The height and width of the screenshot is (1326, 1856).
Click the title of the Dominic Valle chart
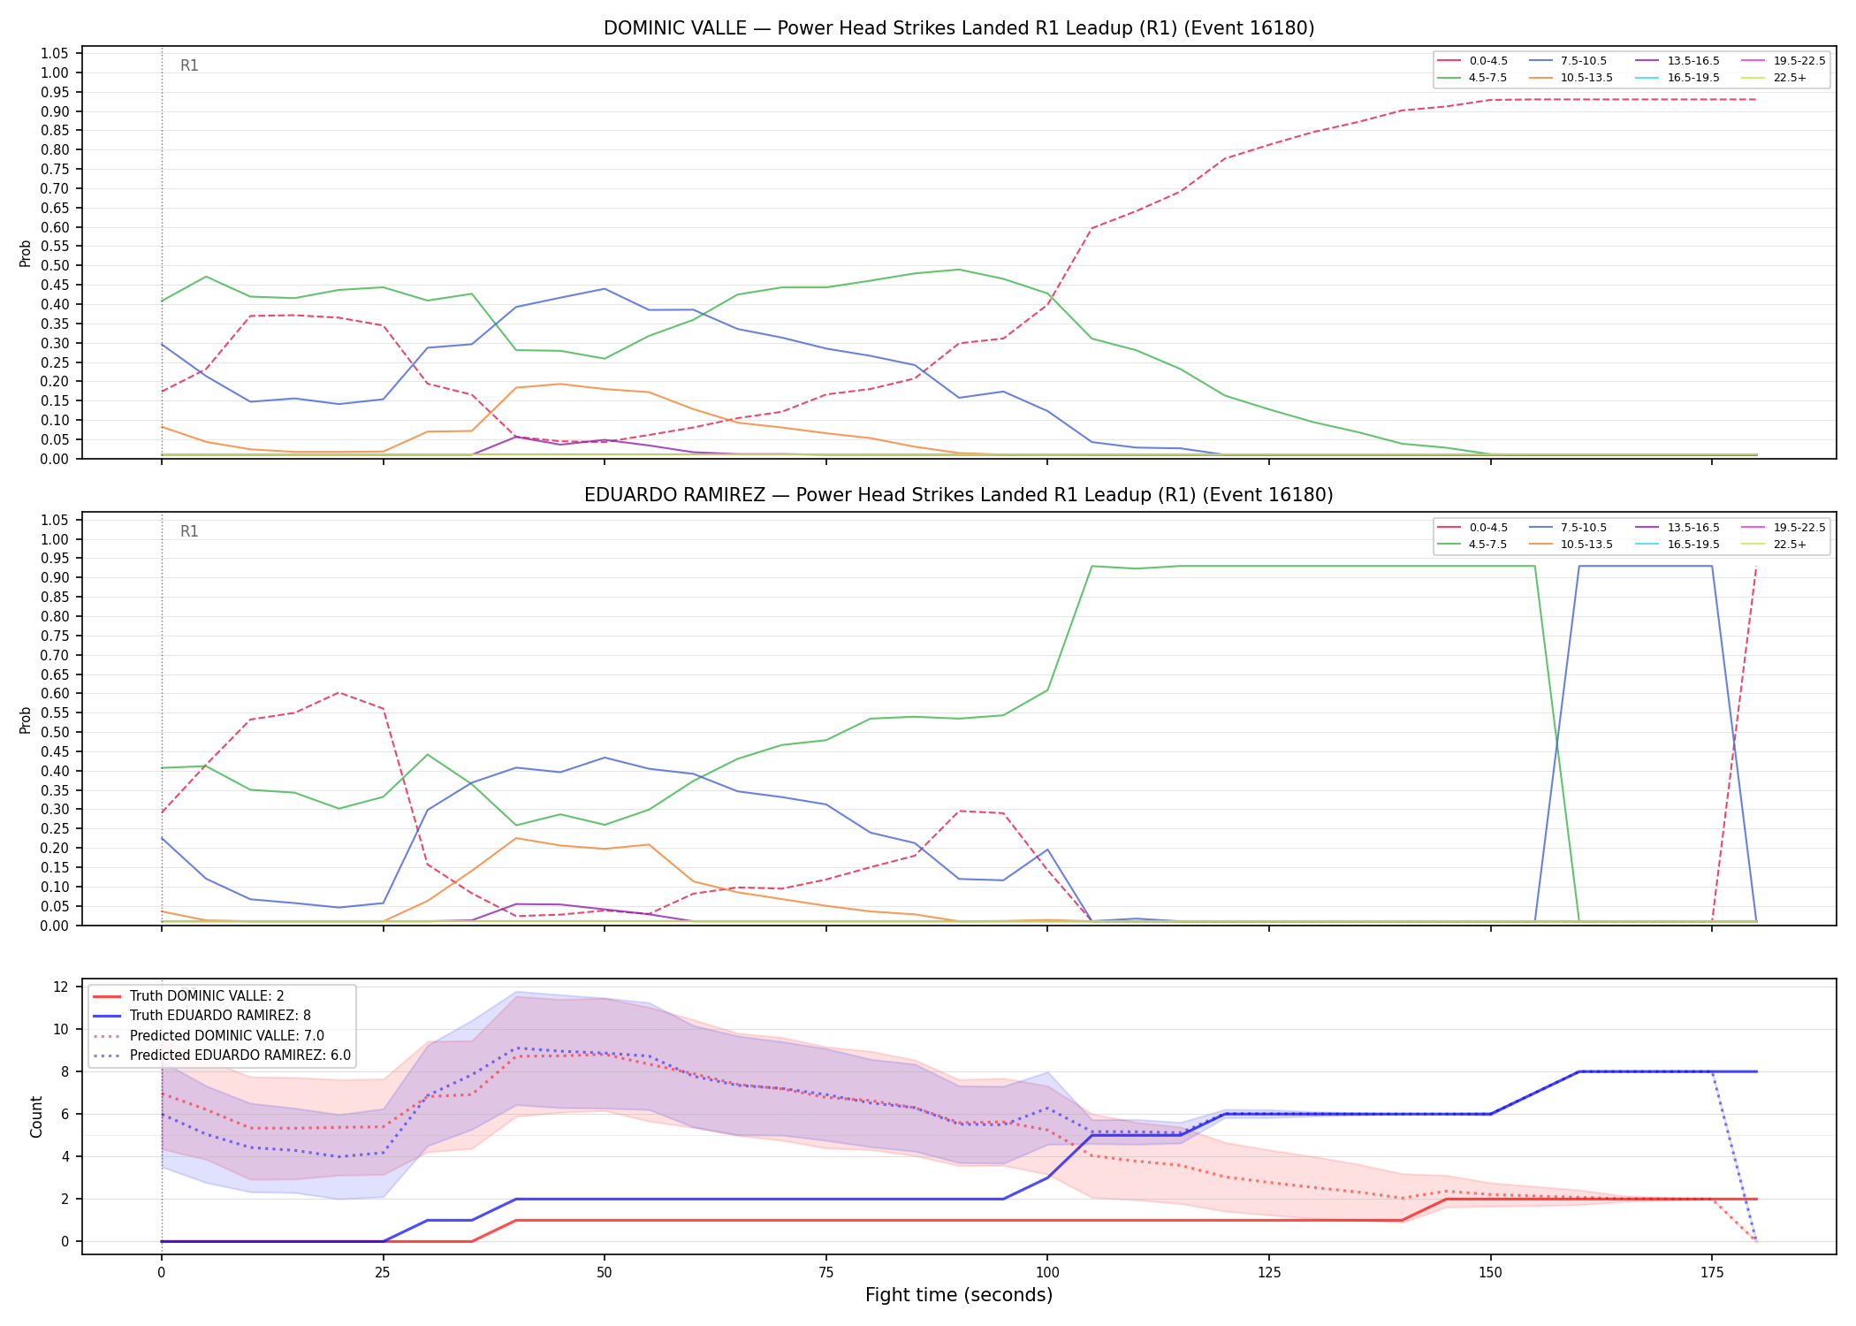pyautogui.click(x=959, y=28)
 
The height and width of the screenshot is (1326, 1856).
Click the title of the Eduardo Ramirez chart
pyautogui.click(x=959, y=495)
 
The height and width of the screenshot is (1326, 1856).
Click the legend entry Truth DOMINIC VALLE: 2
pyautogui.click(x=188, y=996)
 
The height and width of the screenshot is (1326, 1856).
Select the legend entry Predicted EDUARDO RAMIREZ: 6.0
pyautogui.click(x=221, y=1055)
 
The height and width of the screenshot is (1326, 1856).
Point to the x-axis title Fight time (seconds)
pyautogui.click(x=959, y=1295)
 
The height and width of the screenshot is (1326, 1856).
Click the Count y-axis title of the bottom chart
pyautogui.click(x=36, y=1116)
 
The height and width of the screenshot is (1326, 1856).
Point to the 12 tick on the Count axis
pyautogui.click(x=61, y=987)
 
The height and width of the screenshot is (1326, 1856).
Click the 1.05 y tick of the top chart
pyautogui.click(x=55, y=54)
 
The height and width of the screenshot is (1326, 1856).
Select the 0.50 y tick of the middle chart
pyautogui.click(x=55, y=732)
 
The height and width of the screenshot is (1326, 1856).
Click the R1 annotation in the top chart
pyautogui.click(x=189, y=65)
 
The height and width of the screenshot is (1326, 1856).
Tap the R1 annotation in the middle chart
pyautogui.click(x=189, y=531)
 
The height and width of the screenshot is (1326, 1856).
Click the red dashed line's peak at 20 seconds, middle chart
pyautogui.click(x=338, y=692)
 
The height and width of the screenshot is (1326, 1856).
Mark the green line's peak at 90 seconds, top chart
pyautogui.click(x=959, y=270)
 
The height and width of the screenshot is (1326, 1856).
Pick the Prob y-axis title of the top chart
pyautogui.click(x=26, y=254)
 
